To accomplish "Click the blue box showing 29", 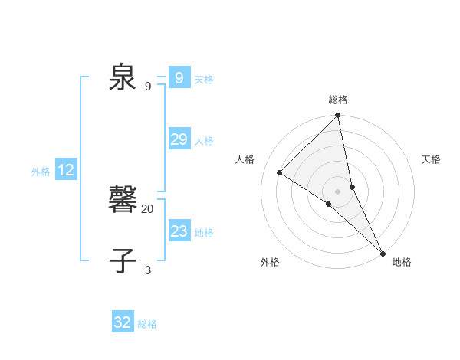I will tap(179, 139).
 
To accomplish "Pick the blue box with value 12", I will tap(66, 171).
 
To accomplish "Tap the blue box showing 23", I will tap(179, 231).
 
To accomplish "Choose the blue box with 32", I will tap(123, 322).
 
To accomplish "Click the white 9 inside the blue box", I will tap(179, 78).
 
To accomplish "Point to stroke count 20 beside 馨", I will tap(148, 209).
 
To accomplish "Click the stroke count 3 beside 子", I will tap(148, 270).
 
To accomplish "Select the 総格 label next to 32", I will tap(147, 324).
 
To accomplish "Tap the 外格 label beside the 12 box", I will tap(41, 172).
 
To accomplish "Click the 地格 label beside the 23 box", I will tap(205, 233).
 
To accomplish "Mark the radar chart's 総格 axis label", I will tap(338, 100).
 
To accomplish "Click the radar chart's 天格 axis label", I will tap(431, 159).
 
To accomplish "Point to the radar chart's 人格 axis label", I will tap(245, 159).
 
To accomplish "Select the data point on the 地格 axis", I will tap(383, 252).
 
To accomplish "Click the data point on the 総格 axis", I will tap(338, 116).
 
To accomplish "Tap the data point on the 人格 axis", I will tap(280, 172).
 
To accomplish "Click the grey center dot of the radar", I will tap(338, 191).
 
